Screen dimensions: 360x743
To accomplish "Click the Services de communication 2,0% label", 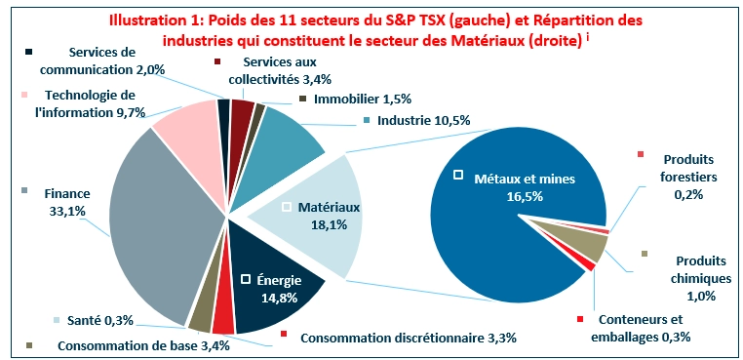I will [x=116, y=60].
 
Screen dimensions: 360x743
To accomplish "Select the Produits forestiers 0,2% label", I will [x=689, y=176].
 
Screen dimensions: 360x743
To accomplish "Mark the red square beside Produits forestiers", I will [x=641, y=154].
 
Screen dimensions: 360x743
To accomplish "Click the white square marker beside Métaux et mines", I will [x=458, y=176].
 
